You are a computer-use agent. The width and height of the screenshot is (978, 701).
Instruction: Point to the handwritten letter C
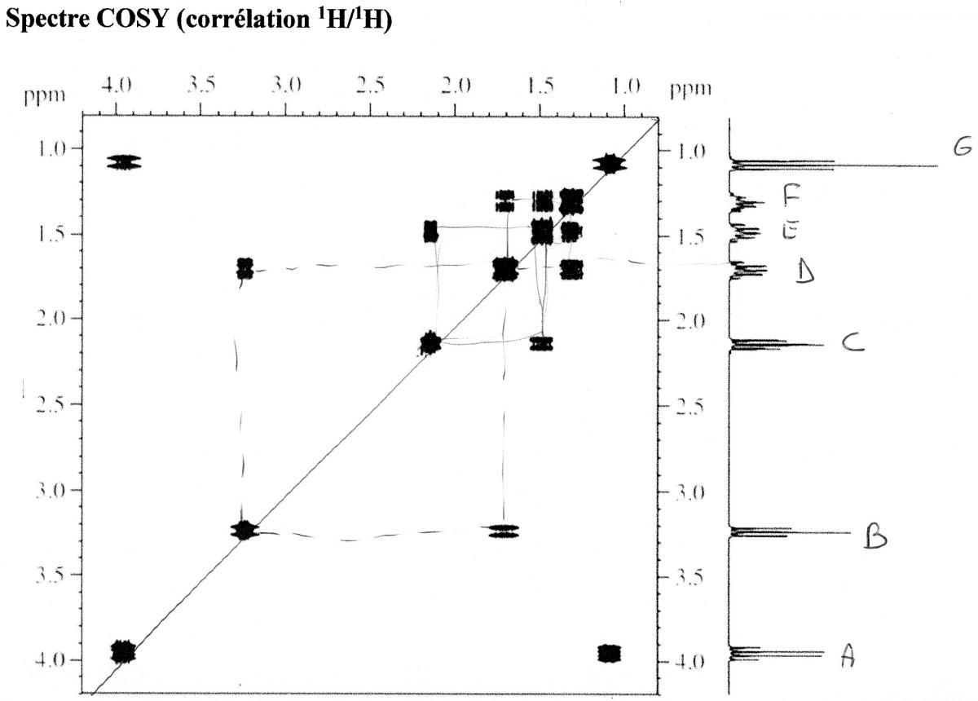(x=852, y=346)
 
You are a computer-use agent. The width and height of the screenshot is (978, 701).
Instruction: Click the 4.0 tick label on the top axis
(x=118, y=86)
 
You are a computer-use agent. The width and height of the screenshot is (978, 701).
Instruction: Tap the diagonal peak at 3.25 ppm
(x=244, y=531)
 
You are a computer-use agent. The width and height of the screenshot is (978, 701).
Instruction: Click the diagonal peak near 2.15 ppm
(x=430, y=344)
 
